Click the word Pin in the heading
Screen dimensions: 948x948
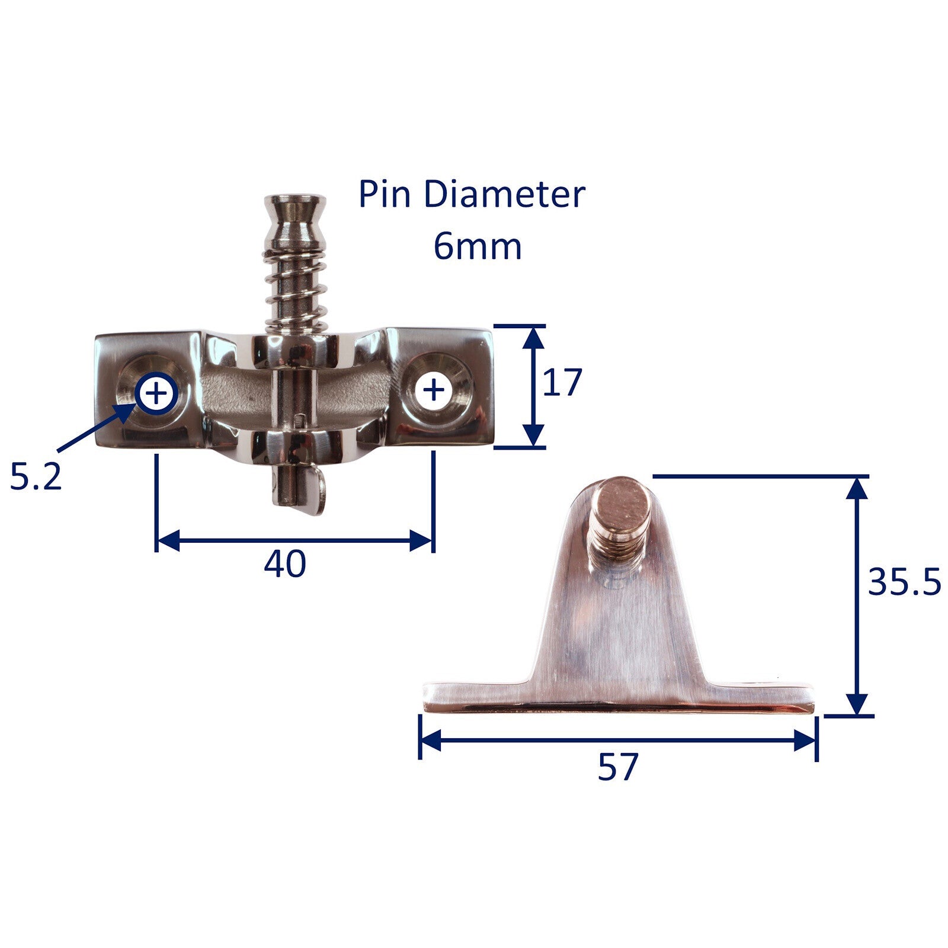[x=385, y=194]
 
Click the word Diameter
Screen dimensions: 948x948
[x=504, y=194]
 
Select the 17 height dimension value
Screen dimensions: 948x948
[x=562, y=382]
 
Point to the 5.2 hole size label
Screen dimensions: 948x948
[x=36, y=476]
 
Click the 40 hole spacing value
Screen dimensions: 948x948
[x=285, y=563]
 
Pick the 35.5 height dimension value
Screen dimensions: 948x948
[x=904, y=582]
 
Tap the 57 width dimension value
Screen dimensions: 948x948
[x=618, y=767]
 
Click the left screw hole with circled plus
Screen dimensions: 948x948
[x=156, y=393]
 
